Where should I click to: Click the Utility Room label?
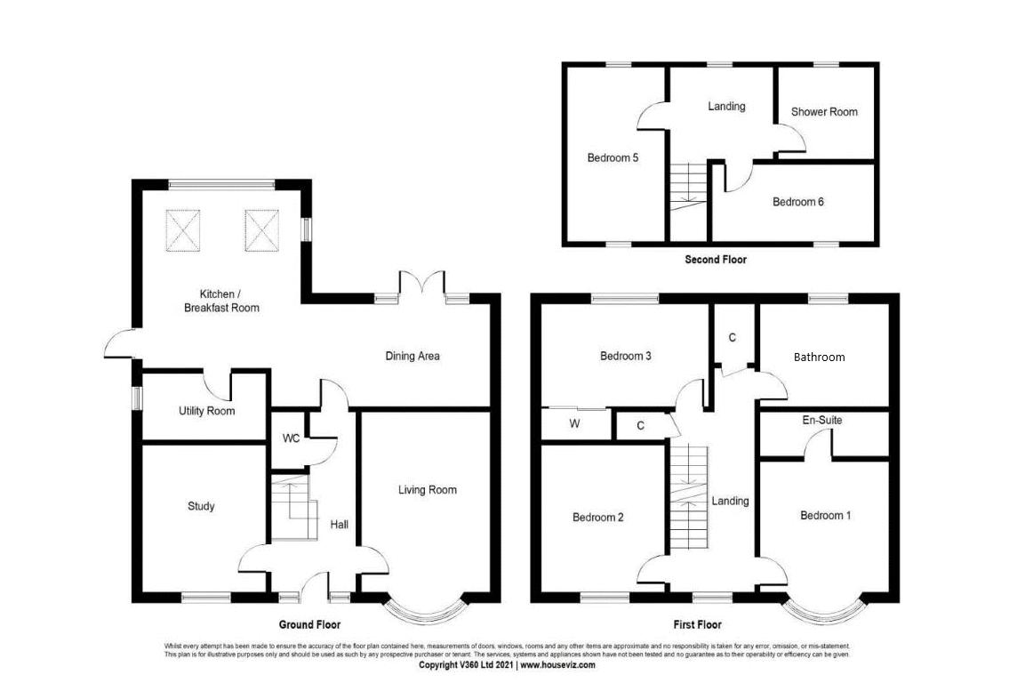tap(206, 411)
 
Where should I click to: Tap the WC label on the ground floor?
tap(291, 438)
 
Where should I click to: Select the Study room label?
tap(201, 506)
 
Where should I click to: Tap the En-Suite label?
tap(821, 420)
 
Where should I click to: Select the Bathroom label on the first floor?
tap(819, 357)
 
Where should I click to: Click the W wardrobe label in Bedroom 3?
tap(574, 424)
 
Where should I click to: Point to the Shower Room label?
tap(824, 111)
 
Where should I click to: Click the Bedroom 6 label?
tap(797, 202)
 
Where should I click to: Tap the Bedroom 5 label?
tap(613, 157)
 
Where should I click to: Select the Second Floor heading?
tap(715, 260)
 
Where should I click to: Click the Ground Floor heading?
tap(309, 624)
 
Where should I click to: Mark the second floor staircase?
tap(686, 187)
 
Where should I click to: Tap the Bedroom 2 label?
tap(597, 517)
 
